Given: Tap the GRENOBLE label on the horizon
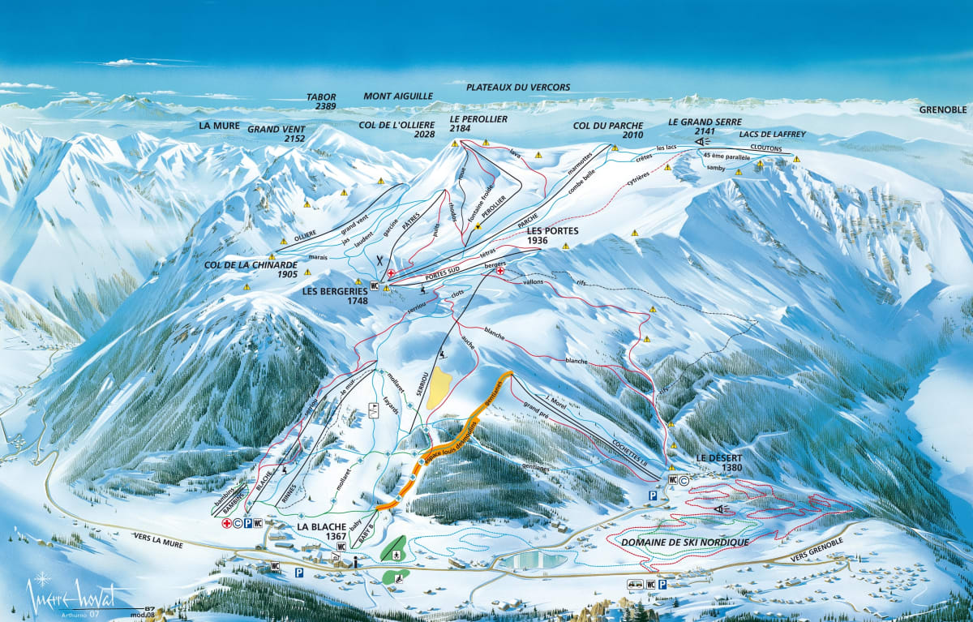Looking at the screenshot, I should (943, 109).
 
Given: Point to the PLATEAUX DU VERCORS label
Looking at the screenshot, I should (518, 87).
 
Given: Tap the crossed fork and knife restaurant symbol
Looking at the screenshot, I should (379, 261).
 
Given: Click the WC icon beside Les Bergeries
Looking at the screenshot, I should (375, 285).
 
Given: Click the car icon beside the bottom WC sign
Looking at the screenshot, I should (633, 583).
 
